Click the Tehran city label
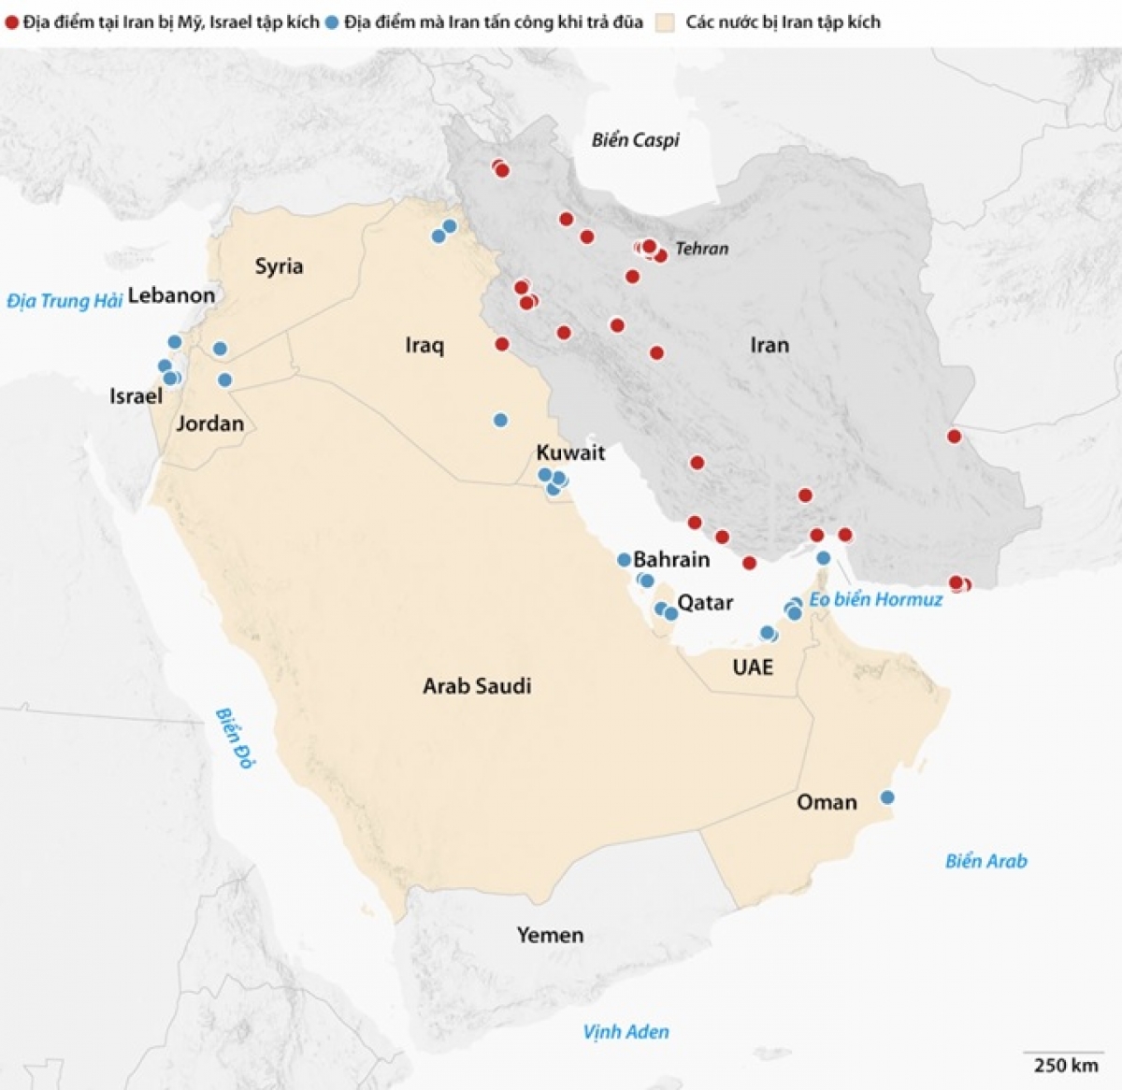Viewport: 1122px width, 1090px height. (x=701, y=249)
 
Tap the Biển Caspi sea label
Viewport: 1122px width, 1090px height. (x=635, y=140)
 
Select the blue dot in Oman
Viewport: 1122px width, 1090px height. (x=887, y=797)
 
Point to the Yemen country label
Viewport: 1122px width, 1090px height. (x=550, y=935)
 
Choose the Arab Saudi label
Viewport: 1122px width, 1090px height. (x=477, y=686)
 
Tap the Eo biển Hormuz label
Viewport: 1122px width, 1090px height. (x=875, y=600)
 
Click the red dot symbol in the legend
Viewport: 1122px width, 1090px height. (x=12, y=22)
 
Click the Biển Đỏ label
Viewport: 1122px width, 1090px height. (x=235, y=739)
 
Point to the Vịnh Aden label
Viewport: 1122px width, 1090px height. (x=626, y=1032)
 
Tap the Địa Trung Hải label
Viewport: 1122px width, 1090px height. (x=65, y=301)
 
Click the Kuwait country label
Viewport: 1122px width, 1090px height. (x=570, y=452)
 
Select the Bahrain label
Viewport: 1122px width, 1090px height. (x=671, y=560)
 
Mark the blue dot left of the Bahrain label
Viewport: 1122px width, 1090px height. (x=624, y=560)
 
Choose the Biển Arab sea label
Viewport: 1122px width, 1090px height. (x=985, y=862)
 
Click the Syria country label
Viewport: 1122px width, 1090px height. (x=279, y=266)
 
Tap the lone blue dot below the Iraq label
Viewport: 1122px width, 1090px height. (x=500, y=420)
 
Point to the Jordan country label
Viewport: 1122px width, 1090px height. (x=210, y=423)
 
